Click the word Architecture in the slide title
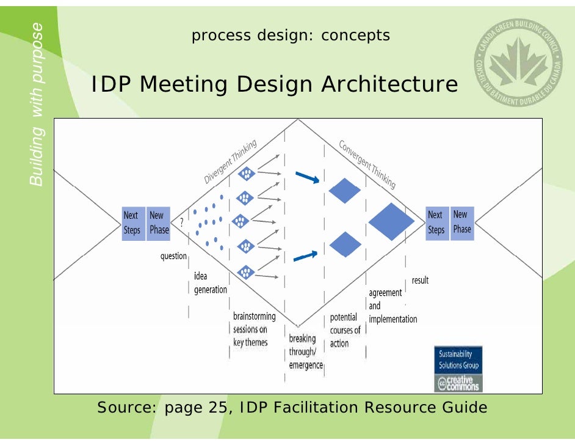pyautogui.click(x=389, y=85)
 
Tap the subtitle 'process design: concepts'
pyautogui.click(x=291, y=35)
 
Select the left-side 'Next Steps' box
pyautogui.click(x=132, y=223)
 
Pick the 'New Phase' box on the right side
pyautogui.click(x=461, y=222)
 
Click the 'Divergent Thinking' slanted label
pyautogui.click(x=230, y=162)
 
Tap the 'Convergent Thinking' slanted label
pyautogui.click(x=367, y=164)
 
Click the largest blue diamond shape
pyautogui.click(x=391, y=221)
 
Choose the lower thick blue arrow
pyautogui.click(x=306, y=256)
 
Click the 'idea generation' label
pyautogui.click(x=210, y=283)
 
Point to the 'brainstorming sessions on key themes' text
pyautogui.click(x=254, y=329)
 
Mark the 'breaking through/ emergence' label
pyautogui.click(x=305, y=351)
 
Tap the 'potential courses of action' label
pyautogui.click(x=345, y=331)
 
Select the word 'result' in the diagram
pyautogui.click(x=420, y=280)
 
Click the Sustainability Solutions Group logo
pyautogui.click(x=458, y=359)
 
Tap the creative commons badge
pyautogui.click(x=458, y=383)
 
